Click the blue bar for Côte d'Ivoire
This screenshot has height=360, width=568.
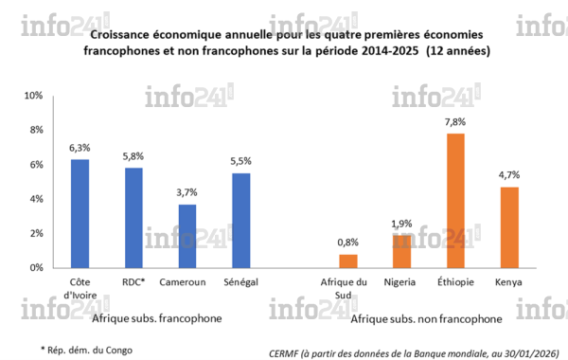click(x=80, y=213)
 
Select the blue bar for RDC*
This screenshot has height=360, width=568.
click(x=133, y=218)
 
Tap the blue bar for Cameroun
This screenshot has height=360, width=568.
click(x=187, y=236)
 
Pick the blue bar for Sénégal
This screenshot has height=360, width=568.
click(x=241, y=220)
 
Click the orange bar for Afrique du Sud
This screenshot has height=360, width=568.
click(x=348, y=261)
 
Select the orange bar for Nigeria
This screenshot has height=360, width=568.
click(x=402, y=251)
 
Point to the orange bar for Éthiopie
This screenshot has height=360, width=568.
click(x=455, y=200)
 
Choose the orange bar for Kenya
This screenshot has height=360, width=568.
click(x=508, y=227)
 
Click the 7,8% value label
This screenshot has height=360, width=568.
click(x=455, y=123)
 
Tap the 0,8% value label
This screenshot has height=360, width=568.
click(x=348, y=243)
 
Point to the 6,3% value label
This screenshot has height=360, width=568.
click(x=80, y=149)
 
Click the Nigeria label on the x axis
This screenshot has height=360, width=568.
click(x=402, y=282)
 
